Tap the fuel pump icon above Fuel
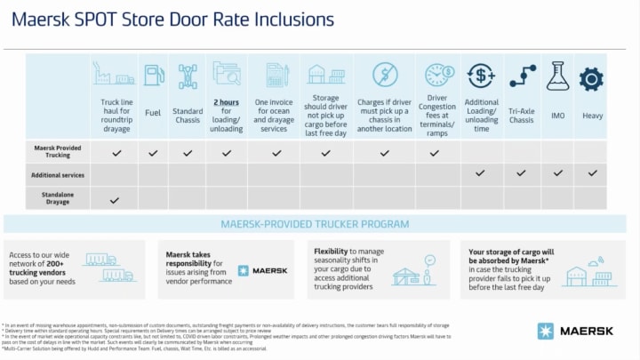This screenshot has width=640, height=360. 153,75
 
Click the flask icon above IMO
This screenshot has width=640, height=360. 557,76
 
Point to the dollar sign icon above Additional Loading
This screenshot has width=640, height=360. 481,76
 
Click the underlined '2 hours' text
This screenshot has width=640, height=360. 226,102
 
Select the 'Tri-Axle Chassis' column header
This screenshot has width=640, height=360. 523,116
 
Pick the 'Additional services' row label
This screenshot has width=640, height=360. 57,173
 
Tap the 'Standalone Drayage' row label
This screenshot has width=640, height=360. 57,196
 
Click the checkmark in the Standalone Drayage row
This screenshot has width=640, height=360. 115,200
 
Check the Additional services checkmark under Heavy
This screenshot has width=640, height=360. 592,173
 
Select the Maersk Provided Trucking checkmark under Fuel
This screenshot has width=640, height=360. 153,153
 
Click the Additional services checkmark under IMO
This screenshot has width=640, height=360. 557,173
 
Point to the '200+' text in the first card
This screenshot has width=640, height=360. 53,264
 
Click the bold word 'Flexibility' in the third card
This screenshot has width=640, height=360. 330,252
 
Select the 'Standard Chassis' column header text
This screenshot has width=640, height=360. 188,116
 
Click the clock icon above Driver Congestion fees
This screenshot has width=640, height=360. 435,75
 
